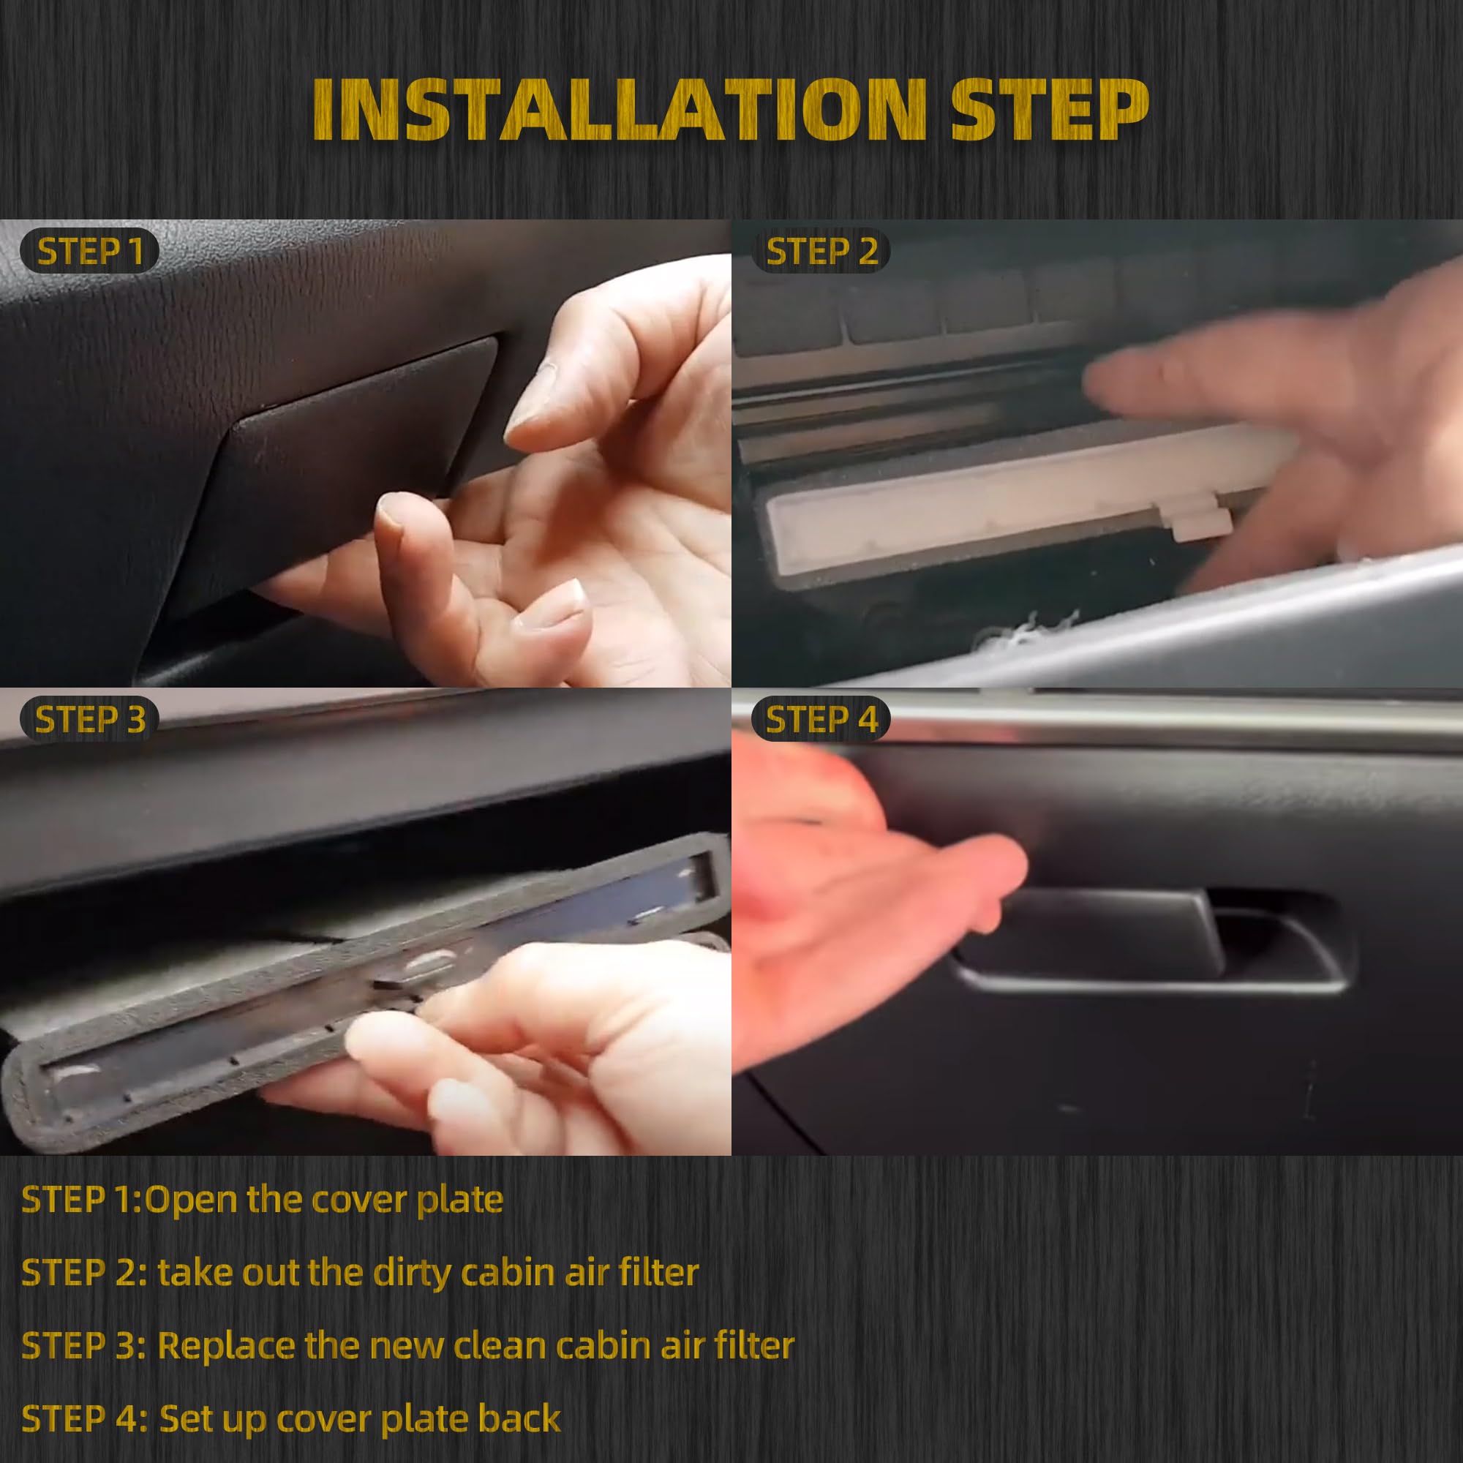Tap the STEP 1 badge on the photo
click(89, 252)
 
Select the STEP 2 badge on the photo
click(821, 252)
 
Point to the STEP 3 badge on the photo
click(89, 719)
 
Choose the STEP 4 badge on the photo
click(821, 719)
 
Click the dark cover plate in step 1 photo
click(341, 470)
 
